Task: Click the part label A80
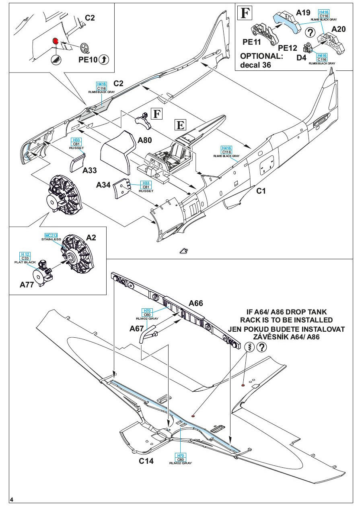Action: coord(145,141)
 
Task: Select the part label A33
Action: coord(90,170)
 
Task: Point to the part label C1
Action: coord(261,191)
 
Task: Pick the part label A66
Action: coord(196,304)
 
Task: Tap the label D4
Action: coord(301,58)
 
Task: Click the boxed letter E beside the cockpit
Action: coord(181,125)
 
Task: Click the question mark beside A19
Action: coord(310,33)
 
